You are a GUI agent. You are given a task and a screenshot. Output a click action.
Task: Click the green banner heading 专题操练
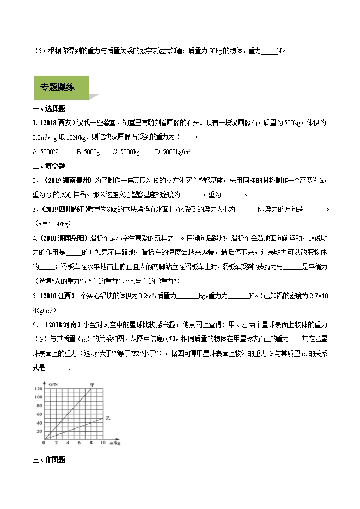click(x=58, y=87)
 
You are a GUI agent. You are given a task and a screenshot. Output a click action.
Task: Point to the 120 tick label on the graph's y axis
click(x=38, y=389)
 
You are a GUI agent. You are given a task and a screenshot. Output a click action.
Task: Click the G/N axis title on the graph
click(x=53, y=385)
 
